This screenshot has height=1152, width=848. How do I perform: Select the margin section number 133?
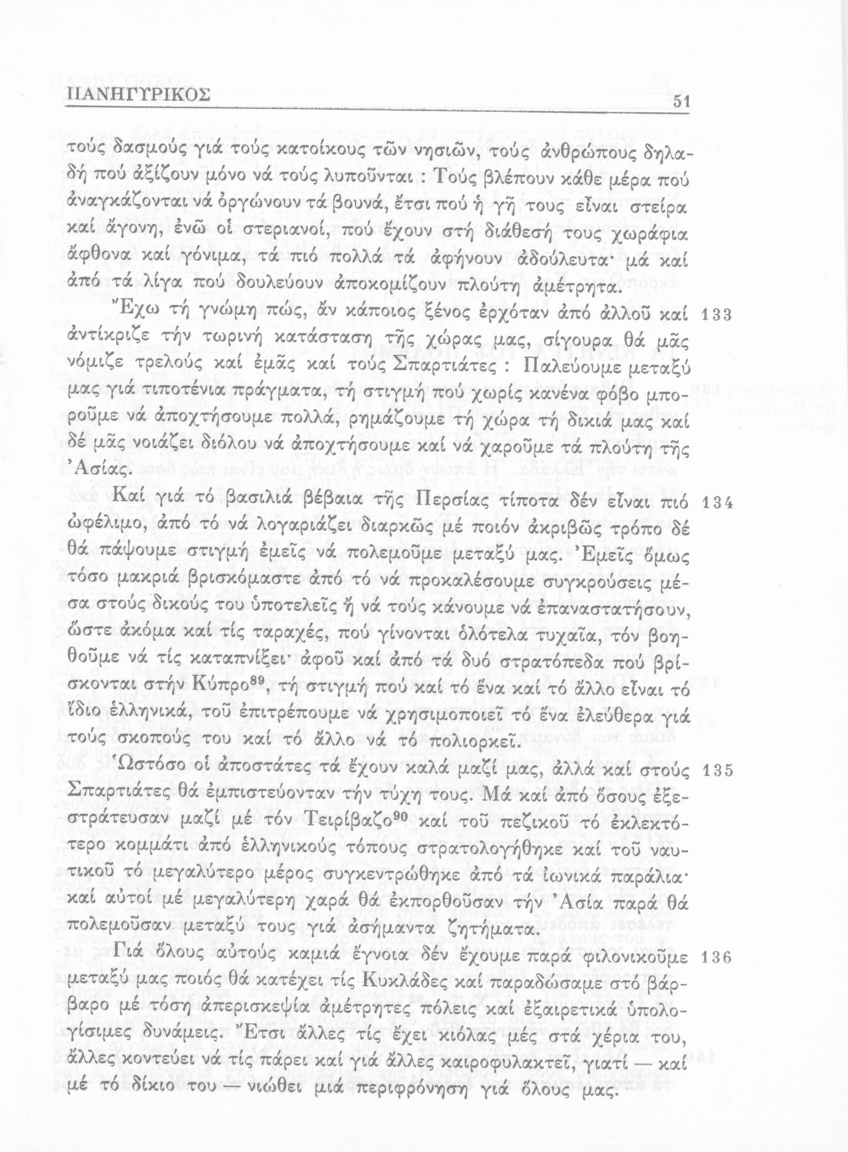click(720, 315)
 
